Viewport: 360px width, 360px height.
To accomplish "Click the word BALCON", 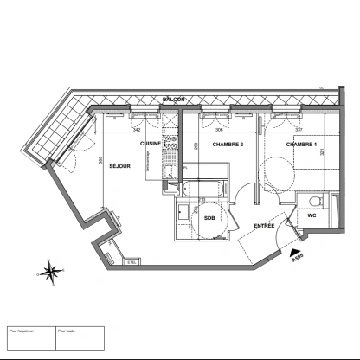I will tap(174, 101).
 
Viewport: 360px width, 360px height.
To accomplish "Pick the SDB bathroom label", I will tap(209, 217).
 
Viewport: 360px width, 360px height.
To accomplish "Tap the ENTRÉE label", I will tap(264, 226).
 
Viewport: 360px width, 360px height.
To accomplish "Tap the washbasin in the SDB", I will tap(183, 213).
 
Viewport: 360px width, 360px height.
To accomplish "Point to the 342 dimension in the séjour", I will tap(137, 129).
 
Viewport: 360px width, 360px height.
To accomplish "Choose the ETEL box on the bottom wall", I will tap(132, 261).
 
